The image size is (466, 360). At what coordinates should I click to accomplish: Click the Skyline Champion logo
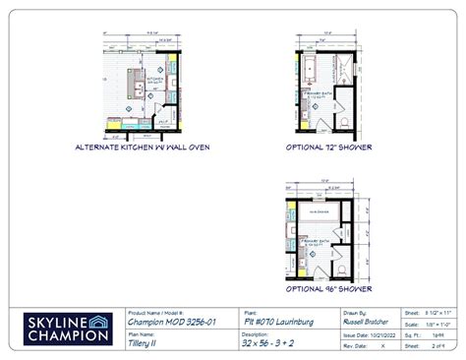[x=63, y=328]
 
